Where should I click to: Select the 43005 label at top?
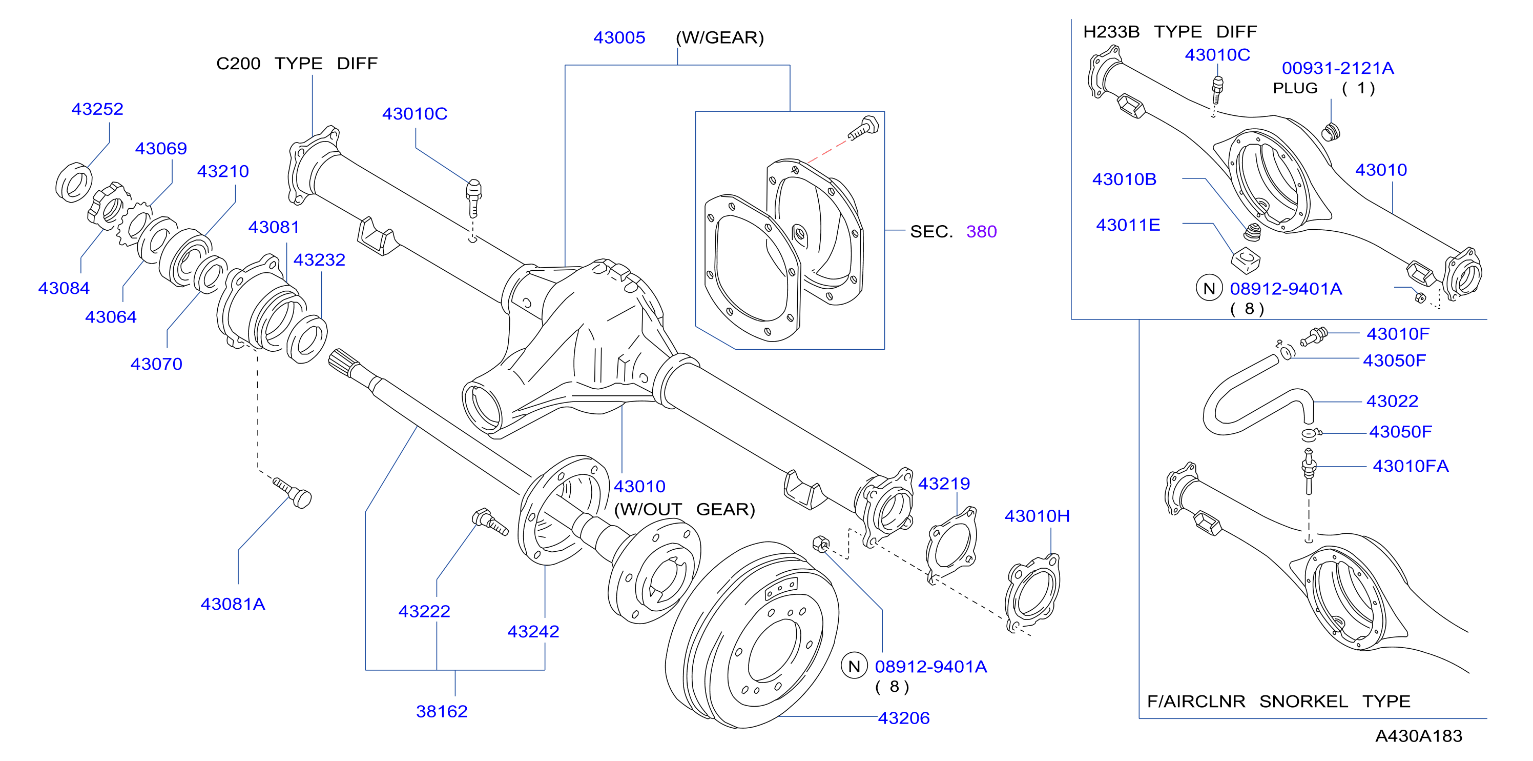[619, 37]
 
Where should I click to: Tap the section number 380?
[981, 231]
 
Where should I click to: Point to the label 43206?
[903, 718]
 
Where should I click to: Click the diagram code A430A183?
[1419, 736]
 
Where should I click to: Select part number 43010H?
[1037, 516]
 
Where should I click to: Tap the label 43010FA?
[1411, 466]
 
